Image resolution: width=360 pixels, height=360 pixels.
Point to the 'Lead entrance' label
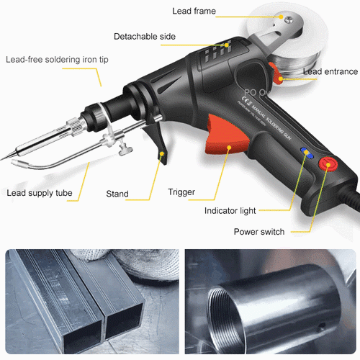[330, 71]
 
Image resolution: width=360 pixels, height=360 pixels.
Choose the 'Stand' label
[118, 194]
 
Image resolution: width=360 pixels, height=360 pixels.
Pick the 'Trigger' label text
[181, 192]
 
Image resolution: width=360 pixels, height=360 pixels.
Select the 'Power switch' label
[259, 232]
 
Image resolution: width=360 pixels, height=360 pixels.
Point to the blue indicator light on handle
[305, 153]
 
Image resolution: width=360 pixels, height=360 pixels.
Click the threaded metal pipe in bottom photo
[266, 302]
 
